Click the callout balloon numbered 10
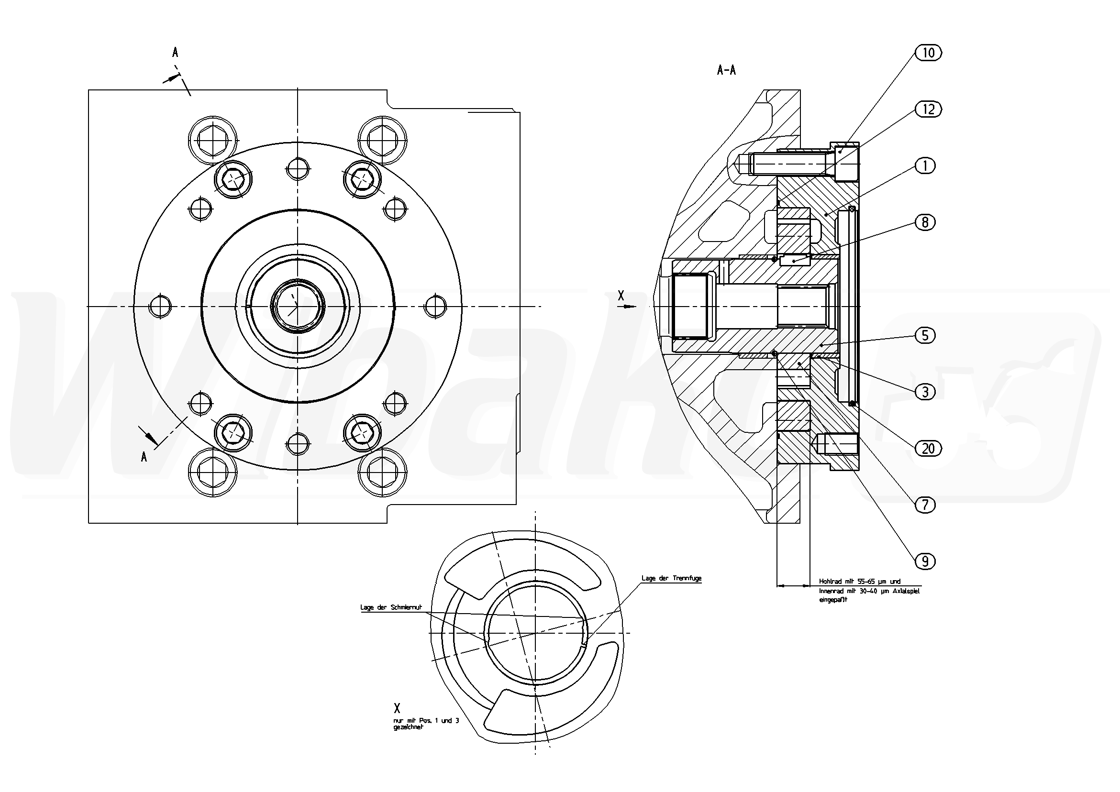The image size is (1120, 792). pos(928,53)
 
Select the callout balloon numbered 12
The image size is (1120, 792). pos(928,109)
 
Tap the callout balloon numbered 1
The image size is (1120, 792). pos(925,166)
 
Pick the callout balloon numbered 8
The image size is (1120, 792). pos(925,222)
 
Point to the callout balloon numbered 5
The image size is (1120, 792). pos(925,336)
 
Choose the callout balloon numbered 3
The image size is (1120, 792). pos(925,392)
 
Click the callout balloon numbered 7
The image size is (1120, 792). pos(925,505)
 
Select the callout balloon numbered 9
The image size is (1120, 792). pos(925,561)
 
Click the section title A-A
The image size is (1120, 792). pos(726,70)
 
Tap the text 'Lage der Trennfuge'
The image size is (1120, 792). pos(671,578)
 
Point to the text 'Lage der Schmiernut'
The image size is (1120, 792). pos(391,608)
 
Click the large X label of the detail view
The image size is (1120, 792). pos(397,709)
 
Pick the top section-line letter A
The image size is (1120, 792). pos(175,53)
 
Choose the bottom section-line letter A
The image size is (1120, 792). pos(144,457)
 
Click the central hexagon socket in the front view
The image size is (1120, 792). pos(297,306)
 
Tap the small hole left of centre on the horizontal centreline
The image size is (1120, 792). pos(161,306)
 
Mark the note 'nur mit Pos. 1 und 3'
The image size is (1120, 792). pos(426,720)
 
